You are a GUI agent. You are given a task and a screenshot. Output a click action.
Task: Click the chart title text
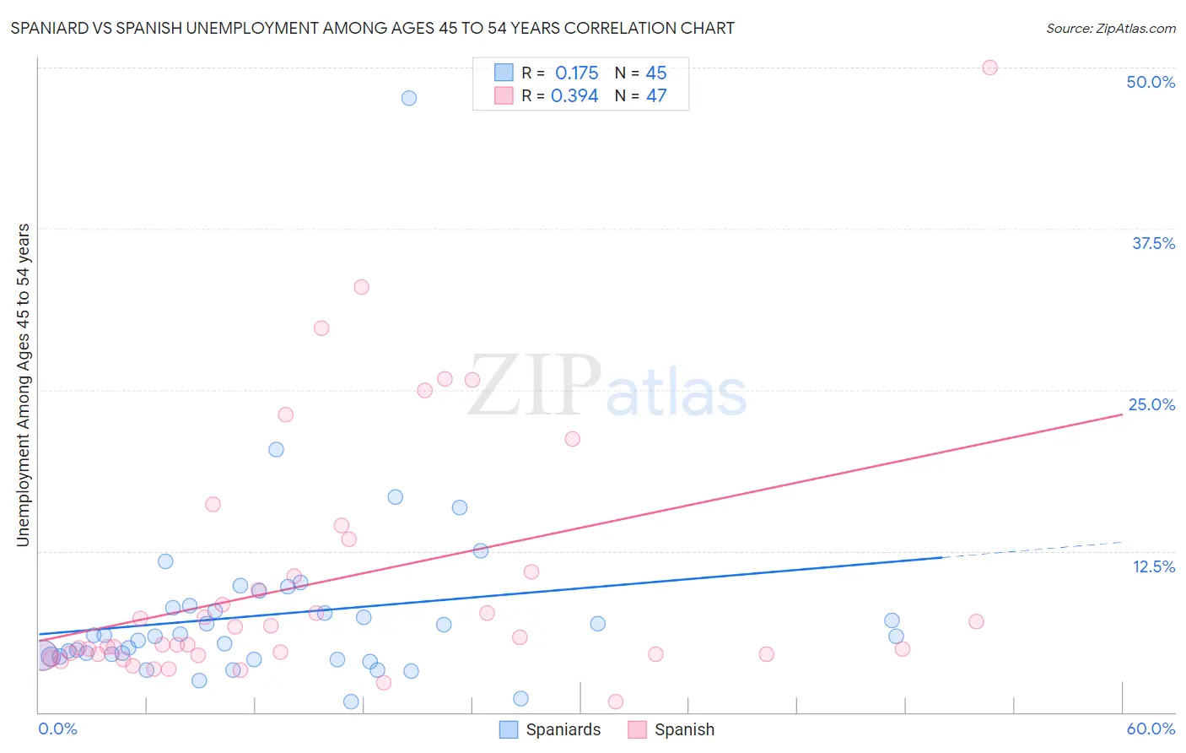372,28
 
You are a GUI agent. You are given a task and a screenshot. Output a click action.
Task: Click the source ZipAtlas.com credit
1110,28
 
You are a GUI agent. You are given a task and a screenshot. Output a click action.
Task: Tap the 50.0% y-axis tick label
1151,82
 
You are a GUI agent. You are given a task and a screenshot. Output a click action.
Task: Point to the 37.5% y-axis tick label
1153,243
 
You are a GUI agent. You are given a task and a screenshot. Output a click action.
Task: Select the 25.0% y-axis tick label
1151,404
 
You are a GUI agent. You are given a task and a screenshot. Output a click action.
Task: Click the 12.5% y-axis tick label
1153,566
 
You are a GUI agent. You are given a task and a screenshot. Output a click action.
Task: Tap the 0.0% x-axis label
57,729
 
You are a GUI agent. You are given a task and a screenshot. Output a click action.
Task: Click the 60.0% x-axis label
1151,729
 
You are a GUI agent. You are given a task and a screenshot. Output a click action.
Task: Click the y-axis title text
24,385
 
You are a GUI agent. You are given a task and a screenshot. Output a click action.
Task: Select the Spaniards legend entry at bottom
550,729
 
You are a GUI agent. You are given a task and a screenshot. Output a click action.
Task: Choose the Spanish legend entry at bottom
671,729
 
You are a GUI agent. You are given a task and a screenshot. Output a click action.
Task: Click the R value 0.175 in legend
576,73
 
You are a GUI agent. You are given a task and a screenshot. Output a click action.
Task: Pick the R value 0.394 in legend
574,96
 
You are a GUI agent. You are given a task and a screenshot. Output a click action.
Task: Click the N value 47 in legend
656,96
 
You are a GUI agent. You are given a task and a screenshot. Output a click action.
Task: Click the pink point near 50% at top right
989,68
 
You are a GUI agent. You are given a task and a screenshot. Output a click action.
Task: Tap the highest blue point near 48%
409,98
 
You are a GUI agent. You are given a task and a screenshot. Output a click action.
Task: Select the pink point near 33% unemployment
361,287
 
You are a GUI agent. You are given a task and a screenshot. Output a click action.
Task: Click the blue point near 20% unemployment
276,449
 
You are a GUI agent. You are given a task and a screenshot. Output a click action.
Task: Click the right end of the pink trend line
1121,414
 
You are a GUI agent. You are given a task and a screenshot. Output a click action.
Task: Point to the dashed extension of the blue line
1033,550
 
